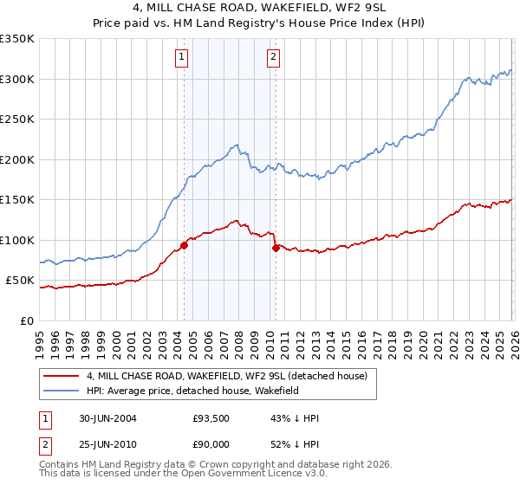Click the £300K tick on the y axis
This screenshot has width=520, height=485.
click(17, 79)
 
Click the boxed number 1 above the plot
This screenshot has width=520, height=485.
click(182, 58)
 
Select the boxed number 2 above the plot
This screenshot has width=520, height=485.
click(274, 58)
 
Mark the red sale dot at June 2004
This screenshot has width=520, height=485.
click(184, 245)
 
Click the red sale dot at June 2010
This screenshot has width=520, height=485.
click(276, 248)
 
